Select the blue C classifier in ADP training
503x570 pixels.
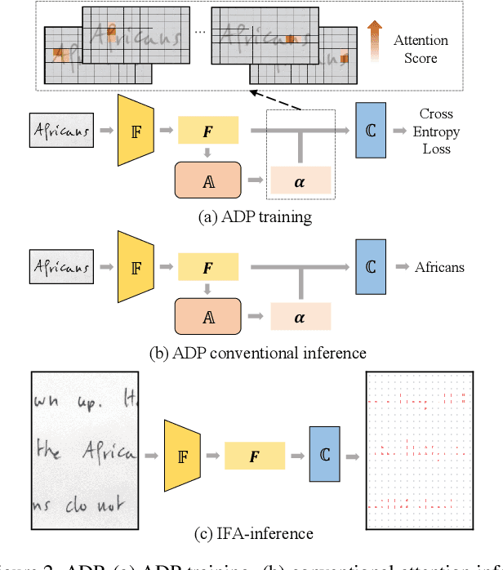(370, 130)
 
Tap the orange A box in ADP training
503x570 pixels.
(208, 180)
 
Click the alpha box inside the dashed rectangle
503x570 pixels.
(300, 180)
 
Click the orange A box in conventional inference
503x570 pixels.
(208, 315)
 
